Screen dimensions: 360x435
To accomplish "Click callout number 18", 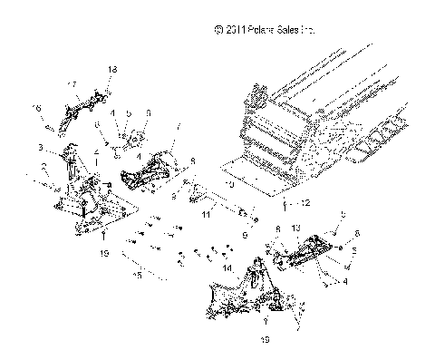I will pyautogui.click(x=113, y=70).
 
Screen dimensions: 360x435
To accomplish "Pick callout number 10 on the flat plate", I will pyautogui.click(x=230, y=185).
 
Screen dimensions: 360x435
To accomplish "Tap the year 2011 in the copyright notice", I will pyautogui.click(x=234, y=30).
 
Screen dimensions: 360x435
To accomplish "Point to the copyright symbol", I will pyautogui.click(x=217, y=30).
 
